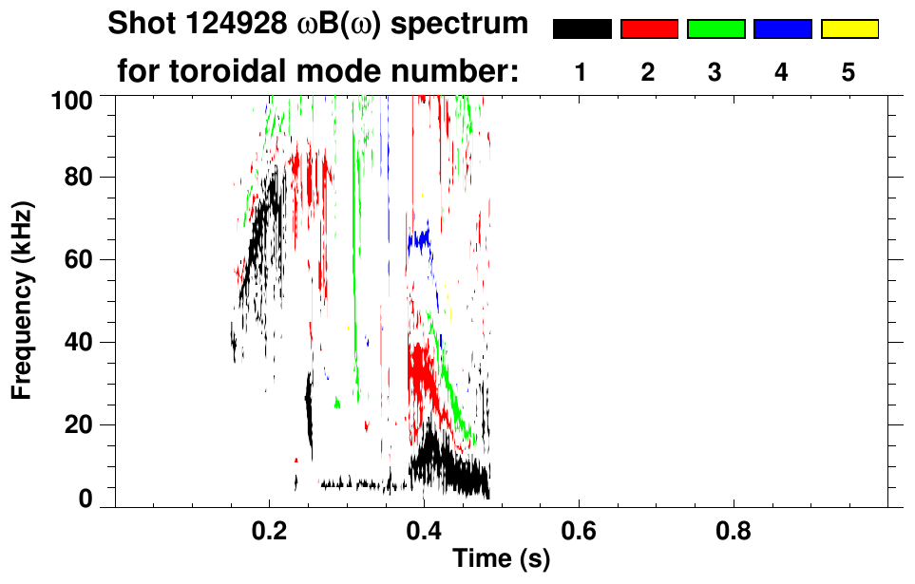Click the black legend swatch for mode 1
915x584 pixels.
(582, 29)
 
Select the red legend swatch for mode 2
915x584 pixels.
(649, 29)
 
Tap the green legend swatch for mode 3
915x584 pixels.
(715, 29)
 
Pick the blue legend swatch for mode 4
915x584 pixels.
(782, 29)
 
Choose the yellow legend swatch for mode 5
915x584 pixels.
(848, 29)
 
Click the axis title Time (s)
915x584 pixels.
(501, 560)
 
